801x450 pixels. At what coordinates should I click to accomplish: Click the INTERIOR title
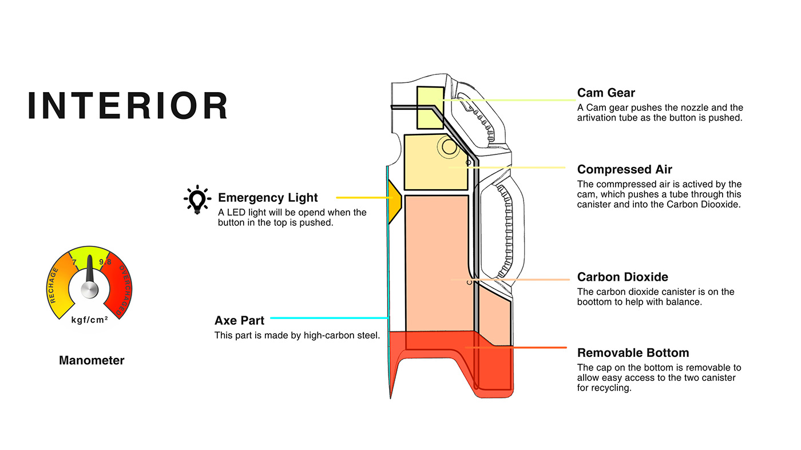click(x=128, y=106)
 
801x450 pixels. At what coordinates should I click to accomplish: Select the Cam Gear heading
click(x=606, y=93)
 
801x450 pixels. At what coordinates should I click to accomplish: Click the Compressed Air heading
click(x=624, y=169)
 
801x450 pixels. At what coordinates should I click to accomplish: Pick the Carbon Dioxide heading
click(x=622, y=277)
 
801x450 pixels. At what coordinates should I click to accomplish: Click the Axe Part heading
click(x=239, y=320)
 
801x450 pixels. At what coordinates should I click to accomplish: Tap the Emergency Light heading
click(x=268, y=198)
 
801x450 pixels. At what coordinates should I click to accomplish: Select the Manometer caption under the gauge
click(x=92, y=360)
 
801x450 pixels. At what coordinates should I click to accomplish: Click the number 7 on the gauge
click(x=74, y=262)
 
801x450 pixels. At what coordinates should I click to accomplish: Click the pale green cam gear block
click(x=430, y=107)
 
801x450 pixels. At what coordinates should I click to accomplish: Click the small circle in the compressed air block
click(x=449, y=147)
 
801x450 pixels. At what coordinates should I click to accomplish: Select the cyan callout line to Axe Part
click(x=328, y=318)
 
